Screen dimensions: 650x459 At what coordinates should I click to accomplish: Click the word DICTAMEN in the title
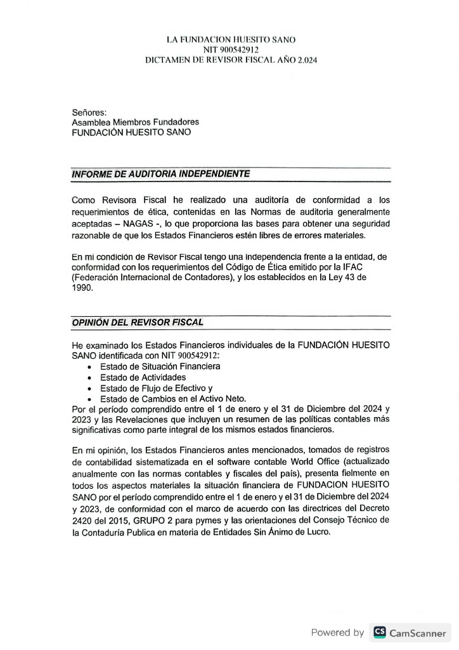(x=167, y=60)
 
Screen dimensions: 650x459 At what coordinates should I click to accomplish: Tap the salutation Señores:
(x=89, y=112)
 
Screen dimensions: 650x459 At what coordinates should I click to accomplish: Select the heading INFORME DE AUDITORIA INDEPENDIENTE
(x=161, y=173)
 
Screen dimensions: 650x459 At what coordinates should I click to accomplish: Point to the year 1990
(x=82, y=288)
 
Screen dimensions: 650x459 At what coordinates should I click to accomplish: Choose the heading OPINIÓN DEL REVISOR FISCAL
(x=138, y=322)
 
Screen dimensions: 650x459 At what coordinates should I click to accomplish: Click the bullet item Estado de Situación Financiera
(x=160, y=366)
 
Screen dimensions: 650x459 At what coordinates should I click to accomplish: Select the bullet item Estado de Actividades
(x=140, y=377)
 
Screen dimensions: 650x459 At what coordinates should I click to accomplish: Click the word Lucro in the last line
(x=316, y=532)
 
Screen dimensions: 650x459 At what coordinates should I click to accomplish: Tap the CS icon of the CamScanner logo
(x=380, y=632)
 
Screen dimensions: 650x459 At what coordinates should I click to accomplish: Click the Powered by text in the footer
(x=337, y=632)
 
